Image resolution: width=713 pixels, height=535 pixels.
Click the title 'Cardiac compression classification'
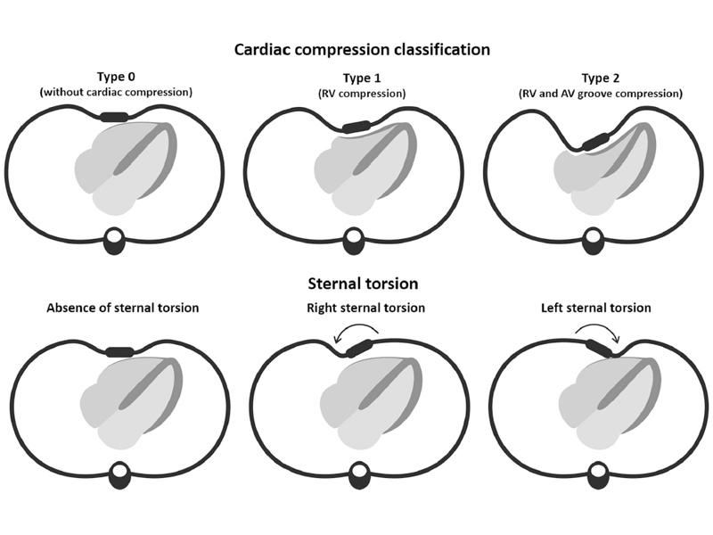click(x=362, y=50)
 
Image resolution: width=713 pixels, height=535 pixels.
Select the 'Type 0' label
click(x=118, y=77)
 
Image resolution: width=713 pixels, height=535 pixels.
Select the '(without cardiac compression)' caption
click(x=119, y=92)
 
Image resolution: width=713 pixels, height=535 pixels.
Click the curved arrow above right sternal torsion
click(x=356, y=332)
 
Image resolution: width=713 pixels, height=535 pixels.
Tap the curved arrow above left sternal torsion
click(x=596, y=332)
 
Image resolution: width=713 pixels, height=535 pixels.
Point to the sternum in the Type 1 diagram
click(x=356, y=126)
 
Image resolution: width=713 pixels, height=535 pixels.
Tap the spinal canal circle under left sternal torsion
click(x=594, y=470)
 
